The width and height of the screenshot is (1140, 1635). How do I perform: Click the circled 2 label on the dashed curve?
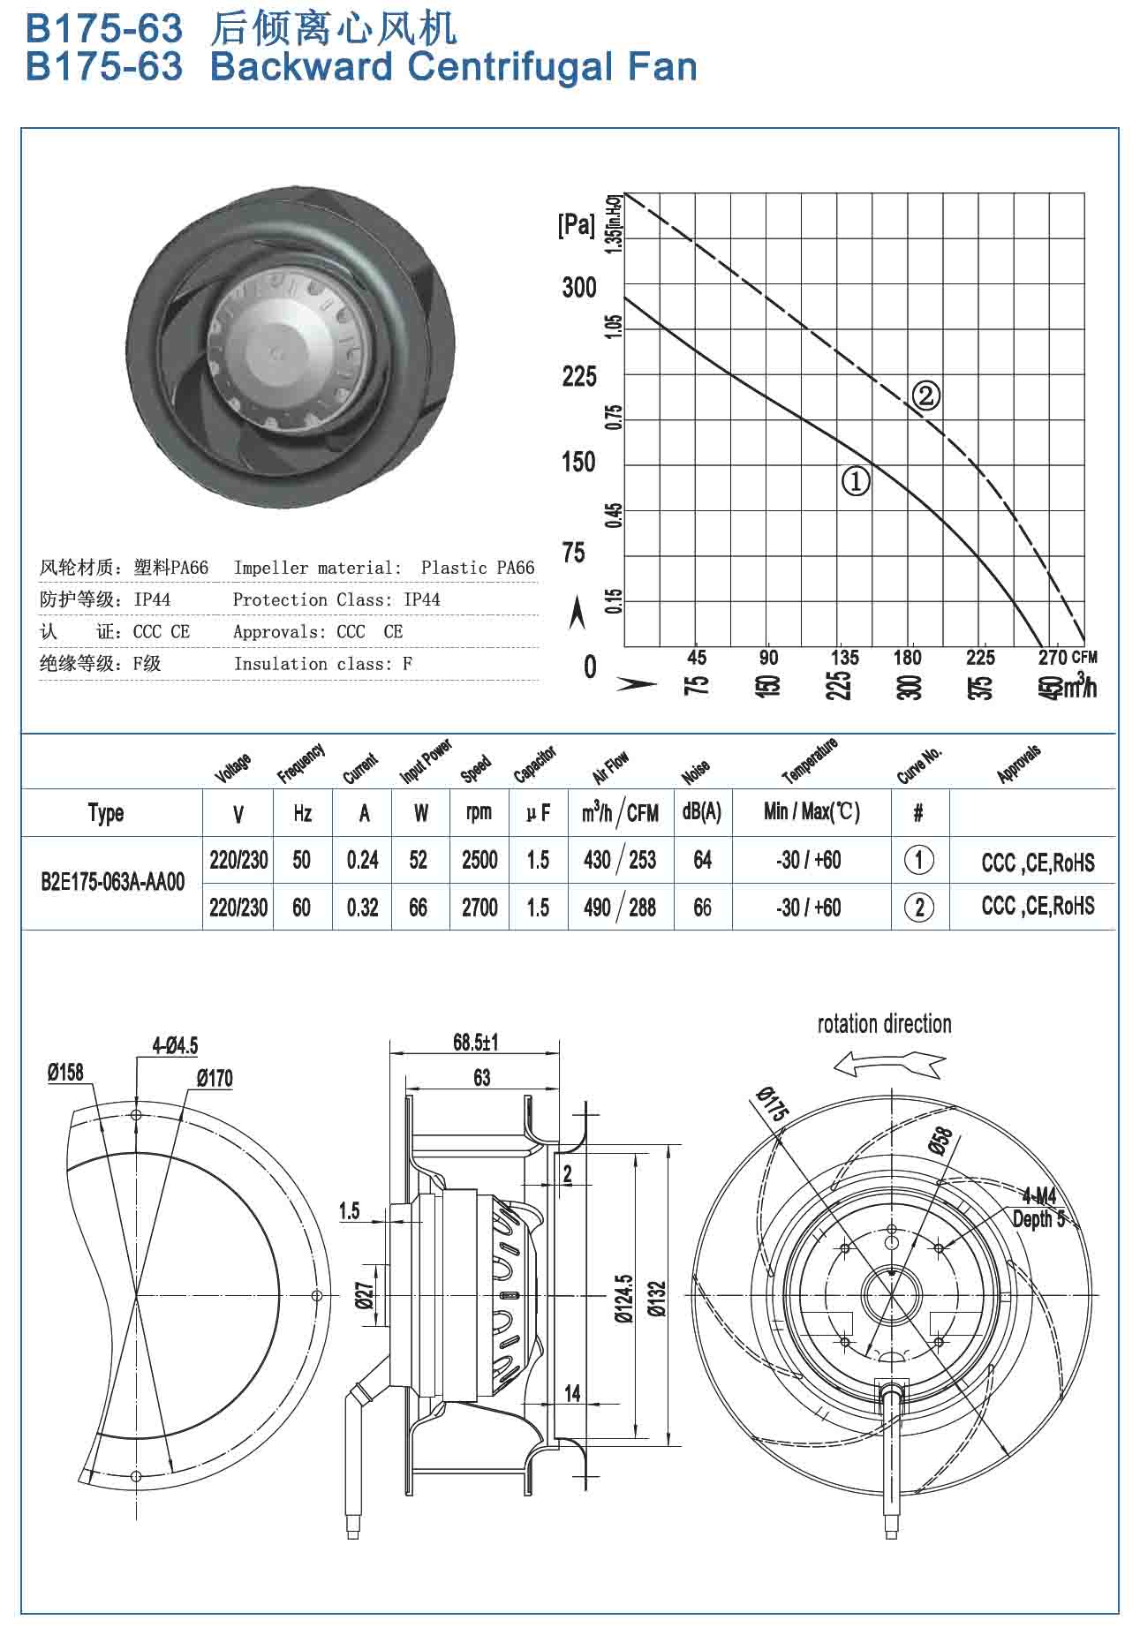(x=925, y=395)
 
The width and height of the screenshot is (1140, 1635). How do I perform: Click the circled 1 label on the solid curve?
(x=856, y=482)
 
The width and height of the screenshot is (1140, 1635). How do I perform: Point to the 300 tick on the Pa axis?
(x=579, y=288)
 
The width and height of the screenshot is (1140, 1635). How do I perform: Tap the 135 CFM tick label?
(x=844, y=657)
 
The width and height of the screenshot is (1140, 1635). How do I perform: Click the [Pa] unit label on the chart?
(x=577, y=225)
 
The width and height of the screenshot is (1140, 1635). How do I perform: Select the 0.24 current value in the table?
(x=362, y=860)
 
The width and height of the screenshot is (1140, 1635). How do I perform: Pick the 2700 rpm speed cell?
(x=479, y=907)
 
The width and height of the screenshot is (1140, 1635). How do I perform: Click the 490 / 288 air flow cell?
(x=619, y=907)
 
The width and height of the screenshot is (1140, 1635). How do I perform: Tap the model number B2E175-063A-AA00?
(x=113, y=882)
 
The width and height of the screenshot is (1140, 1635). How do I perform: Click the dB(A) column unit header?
(x=701, y=812)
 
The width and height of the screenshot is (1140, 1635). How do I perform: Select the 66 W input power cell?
(x=419, y=907)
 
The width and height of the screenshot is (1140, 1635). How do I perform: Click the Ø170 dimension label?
(x=215, y=1078)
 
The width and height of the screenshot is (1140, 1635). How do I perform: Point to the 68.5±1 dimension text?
(x=476, y=1043)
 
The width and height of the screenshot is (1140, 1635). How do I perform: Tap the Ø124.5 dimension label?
(x=624, y=1298)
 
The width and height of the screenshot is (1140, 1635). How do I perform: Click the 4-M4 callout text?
(x=1039, y=1196)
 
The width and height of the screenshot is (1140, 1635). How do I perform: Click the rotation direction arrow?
(x=889, y=1064)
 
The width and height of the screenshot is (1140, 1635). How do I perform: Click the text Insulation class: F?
(x=322, y=663)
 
